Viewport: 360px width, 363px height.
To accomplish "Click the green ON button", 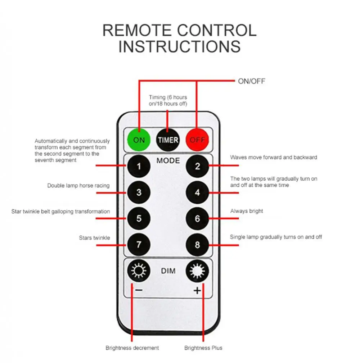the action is click(x=139, y=140).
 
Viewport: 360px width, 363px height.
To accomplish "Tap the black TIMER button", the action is click(x=168, y=140).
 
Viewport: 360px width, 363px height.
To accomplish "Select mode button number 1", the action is click(x=139, y=166).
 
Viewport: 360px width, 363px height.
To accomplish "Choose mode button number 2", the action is click(x=197, y=166).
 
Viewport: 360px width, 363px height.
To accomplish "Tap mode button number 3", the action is click(x=139, y=192).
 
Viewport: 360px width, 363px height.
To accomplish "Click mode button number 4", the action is click(x=197, y=192).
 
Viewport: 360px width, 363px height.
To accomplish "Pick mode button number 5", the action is click(x=139, y=218).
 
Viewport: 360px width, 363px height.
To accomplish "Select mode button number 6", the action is click(x=197, y=218).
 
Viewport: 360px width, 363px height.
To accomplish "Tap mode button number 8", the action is click(x=197, y=245).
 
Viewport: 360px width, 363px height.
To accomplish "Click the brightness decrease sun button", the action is click(x=139, y=271).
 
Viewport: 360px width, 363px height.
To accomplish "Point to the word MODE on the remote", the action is click(x=168, y=161).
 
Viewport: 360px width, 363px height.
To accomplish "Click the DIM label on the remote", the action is click(x=168, y=271).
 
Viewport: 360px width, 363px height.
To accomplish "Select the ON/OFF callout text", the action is click(x=252, y=81).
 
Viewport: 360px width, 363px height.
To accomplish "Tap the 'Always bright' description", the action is click(x=247, y=211).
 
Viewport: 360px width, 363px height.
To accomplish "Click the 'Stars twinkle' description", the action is click(x=95, y=238).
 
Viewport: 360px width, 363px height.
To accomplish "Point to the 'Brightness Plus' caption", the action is click(x=203, y=348).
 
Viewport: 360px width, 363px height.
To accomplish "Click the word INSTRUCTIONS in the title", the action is click(x=180, y=46).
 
